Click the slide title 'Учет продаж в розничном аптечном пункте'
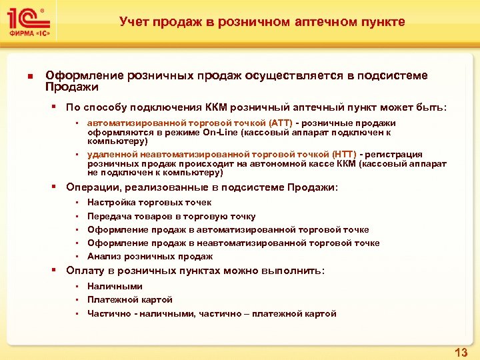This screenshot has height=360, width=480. [x=262, y=22]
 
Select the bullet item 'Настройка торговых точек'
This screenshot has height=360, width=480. [x=149, y=203]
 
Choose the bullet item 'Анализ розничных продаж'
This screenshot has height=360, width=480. [x=150, y=257]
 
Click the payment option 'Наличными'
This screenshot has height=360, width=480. [x=115, y=287]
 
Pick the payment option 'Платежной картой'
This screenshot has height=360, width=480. [x=130, y=300]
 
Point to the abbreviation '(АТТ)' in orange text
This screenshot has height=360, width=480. [x=280, y=123]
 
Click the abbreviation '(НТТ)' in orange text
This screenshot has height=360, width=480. [x=343, y=155]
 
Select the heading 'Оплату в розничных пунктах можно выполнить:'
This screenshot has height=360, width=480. [x=195, y=271]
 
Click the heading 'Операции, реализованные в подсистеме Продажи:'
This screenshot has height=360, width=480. [x=202, y=188]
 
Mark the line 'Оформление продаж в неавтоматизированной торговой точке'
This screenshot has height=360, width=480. [x=233, y=243]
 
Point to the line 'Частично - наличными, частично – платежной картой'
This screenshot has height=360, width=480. [x=211, y=314]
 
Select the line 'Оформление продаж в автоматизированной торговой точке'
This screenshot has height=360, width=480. [x=228, y=230]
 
